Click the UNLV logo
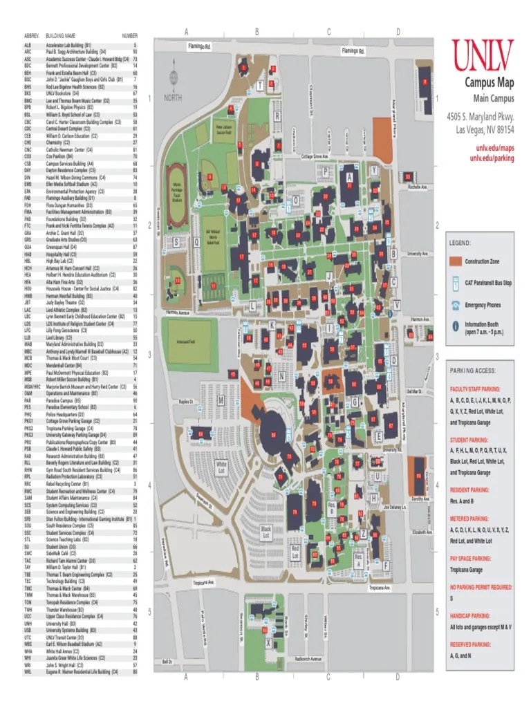pos(484,55)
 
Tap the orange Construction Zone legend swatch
pos(454,261)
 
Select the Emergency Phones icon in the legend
pos(455,304)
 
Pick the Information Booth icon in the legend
pos(455,326)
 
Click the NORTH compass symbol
pos(174,82)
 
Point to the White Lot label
pos(221,467)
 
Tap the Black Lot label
pos(265,531)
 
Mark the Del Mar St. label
pos(414,391)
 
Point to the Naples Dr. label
pos(185,401)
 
